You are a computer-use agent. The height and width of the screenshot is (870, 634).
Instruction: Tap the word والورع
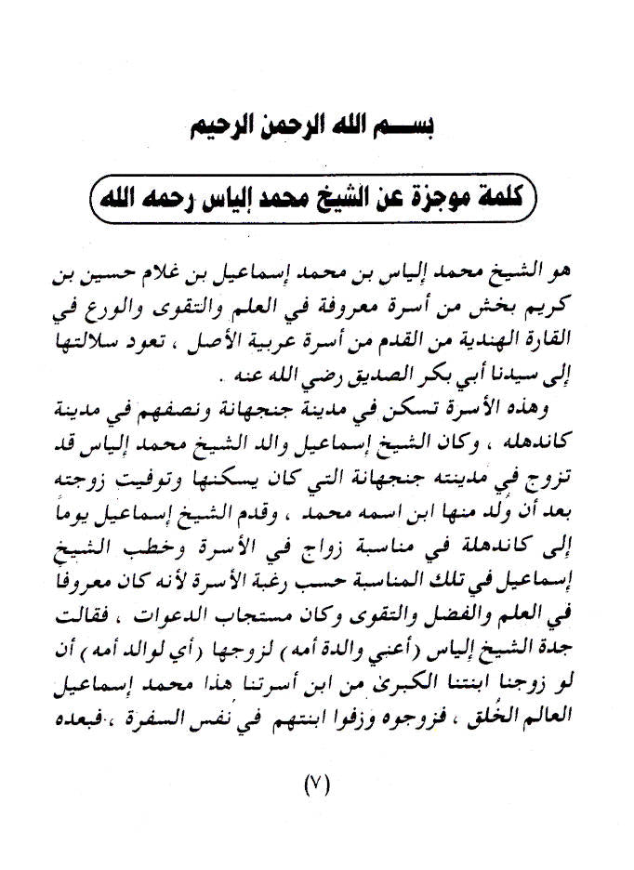[x=113, y=305]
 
